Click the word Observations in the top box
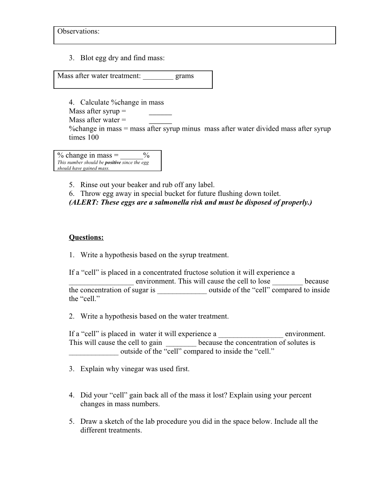[x=77, y=31]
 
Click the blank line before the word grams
[x=158, y=77]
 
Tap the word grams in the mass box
[x=185, y=76]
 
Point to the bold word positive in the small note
[x=113, y=162]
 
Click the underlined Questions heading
[x=86, y=237]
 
